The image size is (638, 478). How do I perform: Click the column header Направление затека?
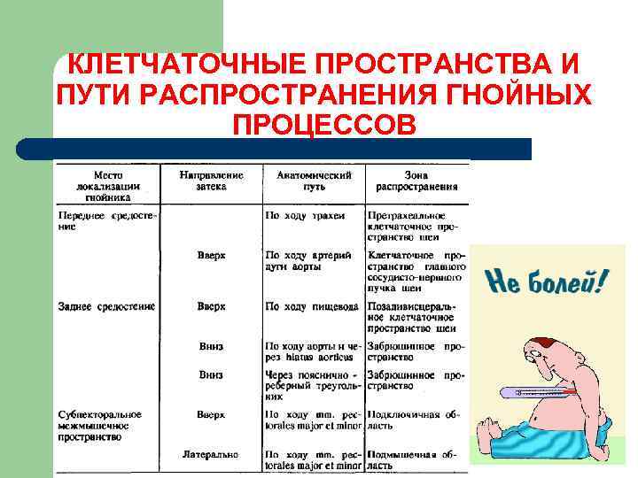pos(211,181)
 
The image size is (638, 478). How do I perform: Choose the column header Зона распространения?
pos(416,181)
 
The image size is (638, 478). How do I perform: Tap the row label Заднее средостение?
pos(107,306)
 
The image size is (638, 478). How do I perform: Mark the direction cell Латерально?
pos(211,454)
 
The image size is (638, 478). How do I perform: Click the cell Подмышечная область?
pos(416,459)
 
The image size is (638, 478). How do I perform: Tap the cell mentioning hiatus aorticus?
pos(314,351)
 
